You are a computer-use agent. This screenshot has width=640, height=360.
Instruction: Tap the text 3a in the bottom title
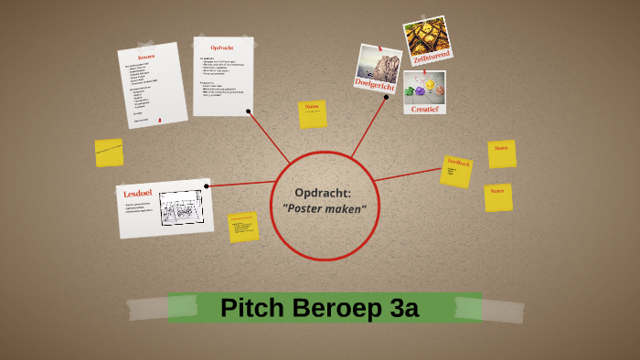(x=403, y=308)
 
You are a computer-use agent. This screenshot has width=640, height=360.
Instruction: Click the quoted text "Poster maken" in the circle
(x=324, y=209)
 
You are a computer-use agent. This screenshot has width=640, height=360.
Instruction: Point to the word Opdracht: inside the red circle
(x=324, y=192)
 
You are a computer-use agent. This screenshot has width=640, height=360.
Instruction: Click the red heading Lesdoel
(x=138, y=194)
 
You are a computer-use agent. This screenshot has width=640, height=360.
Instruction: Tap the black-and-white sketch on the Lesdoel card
(x=180, y=207)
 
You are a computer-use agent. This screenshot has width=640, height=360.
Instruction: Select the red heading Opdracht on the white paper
(x=223, y=48)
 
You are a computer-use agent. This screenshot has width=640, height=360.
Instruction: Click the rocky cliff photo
(x=379, y=61)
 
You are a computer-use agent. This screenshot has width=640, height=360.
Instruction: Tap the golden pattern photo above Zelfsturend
(x=426, y=34)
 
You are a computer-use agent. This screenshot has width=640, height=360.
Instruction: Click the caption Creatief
(x=425, y=108)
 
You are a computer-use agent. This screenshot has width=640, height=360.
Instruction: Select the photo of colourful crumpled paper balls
(x=425, y=88)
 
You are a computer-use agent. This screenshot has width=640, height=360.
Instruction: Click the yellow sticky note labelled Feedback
(x=456, y=171)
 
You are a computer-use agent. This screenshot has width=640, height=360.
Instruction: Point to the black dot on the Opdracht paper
(x=249, y=111)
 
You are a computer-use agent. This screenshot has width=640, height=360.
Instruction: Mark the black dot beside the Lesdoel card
(x=208, y=185)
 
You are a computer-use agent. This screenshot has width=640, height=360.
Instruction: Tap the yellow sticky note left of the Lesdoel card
(x=109, y=153)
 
